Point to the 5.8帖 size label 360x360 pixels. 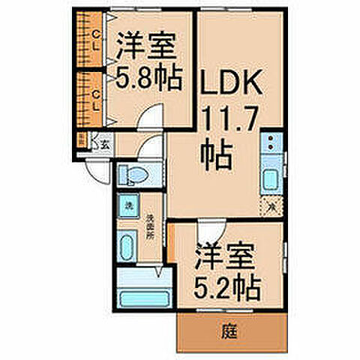point(148,78)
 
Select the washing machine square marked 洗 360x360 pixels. point(128,205)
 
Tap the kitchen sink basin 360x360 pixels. point(270,181)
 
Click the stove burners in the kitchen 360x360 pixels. point(270,142)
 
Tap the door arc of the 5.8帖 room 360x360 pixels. point(153,117)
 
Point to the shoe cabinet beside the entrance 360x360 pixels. point(82,140)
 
